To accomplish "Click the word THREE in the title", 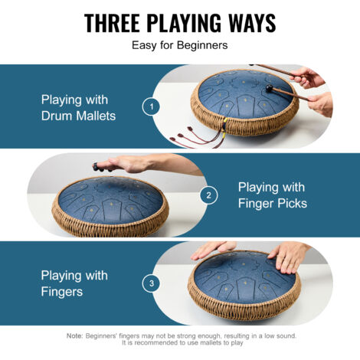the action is pyautogui.click(x=112, y=23).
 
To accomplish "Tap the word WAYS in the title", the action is pyautogui.click(x=252, y=23).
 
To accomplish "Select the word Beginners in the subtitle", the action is pyautogui.click(x=202, y=45).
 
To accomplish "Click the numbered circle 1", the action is pyautogui.click(x=151, y=106).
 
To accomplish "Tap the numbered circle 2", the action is pyautogui.click(x=208, y=195).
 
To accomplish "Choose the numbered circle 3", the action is pyautogui.click(x=152, y=283).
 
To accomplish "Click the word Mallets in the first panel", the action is pyautogui.click(x=96, y=116).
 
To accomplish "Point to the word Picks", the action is pyautogui.click(x=292, y=204).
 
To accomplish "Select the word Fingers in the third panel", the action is pyautogui.click(x=62, y=292).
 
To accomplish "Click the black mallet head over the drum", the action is pyautogui.click(x=269, y=88).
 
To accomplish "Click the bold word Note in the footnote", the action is pyautogui.click(x=74, y=335).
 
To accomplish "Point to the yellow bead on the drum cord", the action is pyautogui.click(x=225, y=119).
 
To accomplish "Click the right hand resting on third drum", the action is pyautogui.click(x=289, y=257).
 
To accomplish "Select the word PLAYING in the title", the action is pyautogui.click(x=184, y=23).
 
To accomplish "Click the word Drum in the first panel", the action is pyautogui.click(x=57, y=116).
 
